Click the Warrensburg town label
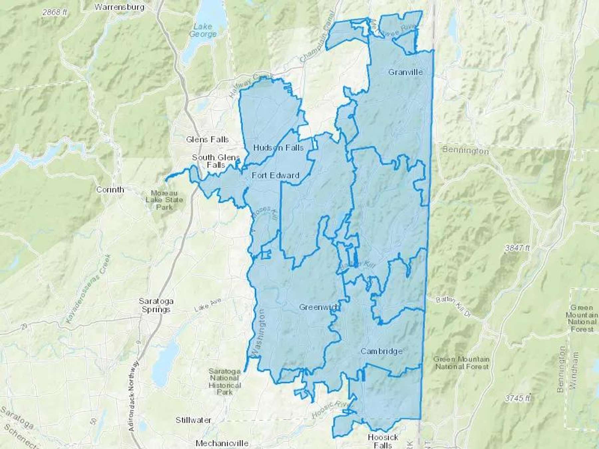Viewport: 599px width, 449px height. point(119,7)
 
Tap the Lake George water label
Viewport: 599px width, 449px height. point(203,30)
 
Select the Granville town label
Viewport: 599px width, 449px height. point(405,72)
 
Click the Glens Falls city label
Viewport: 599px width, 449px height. point(207,139)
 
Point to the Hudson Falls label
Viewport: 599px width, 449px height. point(278,148)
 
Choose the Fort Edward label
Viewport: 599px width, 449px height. point(275,175)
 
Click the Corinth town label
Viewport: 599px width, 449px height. point(110,190)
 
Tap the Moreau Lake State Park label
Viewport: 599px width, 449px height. point(164,200)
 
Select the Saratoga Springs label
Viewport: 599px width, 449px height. point(156,305)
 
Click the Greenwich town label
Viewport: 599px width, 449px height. point(319,307)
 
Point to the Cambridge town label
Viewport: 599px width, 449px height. point(381,351)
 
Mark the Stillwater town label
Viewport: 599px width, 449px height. point(193,420)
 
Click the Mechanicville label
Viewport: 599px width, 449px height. point(222,443)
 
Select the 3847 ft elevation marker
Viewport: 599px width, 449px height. point(517,248)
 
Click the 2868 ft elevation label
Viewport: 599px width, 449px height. point(55,13)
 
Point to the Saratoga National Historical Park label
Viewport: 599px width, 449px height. point(224,381)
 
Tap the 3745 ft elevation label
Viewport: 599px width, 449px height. point(517,398)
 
